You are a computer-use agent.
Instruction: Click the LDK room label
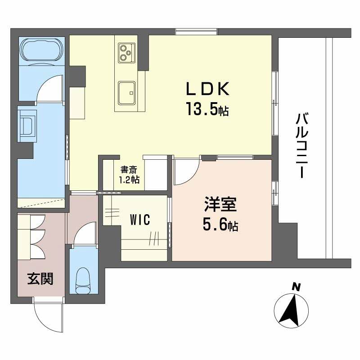pos(208,89)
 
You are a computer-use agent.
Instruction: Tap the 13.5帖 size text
pos(208,109)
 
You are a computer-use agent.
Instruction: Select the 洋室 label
pos(219,205)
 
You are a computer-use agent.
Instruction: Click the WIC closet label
pos(139,220)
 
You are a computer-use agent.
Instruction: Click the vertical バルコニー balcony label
pos(302,146)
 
